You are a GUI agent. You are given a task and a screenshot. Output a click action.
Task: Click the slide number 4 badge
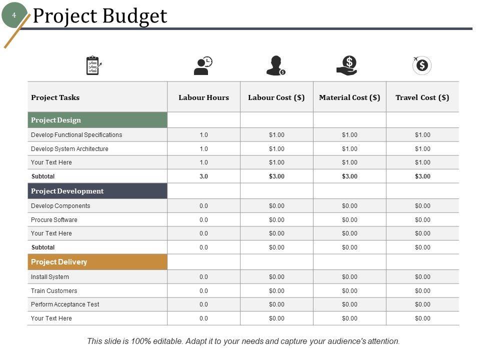pos(14,15)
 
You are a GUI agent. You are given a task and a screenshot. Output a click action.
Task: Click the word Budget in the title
pos(133,16)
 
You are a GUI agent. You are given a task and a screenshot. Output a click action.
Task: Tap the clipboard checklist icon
pos(93,65)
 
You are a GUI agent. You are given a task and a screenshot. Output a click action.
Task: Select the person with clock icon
pos(203,65)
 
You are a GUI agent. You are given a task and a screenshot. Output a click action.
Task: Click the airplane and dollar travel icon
pos(421,65)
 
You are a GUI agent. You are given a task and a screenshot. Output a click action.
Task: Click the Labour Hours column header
pos(203,97)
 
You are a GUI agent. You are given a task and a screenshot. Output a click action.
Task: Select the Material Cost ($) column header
pos(349,97)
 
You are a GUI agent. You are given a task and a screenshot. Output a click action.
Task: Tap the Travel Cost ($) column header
pos(422,97)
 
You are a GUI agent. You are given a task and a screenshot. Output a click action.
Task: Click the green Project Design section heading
pos(97,120)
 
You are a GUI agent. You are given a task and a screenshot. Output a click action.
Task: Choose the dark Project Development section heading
pos(97,191)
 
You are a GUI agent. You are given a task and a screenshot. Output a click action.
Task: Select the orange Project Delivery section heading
pos(97,262)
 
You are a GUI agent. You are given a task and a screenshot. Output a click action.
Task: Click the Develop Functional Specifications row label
pos(76,135)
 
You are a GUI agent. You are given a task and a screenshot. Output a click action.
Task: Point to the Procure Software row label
pos(54,219)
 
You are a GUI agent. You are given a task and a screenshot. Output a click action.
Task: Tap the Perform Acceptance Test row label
pos(65,304)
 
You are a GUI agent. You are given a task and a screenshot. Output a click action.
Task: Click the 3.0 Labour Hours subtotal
pos(203,176)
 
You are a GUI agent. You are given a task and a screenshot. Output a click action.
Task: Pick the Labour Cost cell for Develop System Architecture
pos(276,149)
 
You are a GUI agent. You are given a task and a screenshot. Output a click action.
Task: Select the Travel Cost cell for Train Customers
pos(422,290)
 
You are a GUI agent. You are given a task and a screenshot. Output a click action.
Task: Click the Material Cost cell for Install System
pos(349,277)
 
